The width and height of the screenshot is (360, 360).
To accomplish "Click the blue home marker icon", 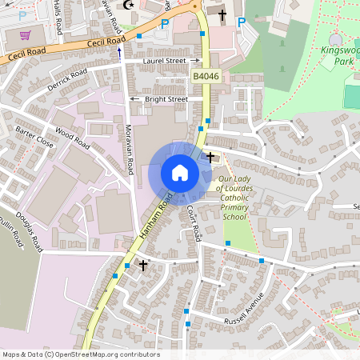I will point(180,173).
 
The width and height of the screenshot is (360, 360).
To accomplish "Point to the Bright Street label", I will point(166,99).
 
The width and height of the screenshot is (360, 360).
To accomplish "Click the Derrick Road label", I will point(67,81).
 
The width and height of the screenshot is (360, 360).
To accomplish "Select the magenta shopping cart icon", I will point(25,34).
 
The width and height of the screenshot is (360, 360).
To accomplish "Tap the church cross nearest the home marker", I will point(210,156).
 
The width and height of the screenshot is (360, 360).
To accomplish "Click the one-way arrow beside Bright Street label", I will point(134,99).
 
